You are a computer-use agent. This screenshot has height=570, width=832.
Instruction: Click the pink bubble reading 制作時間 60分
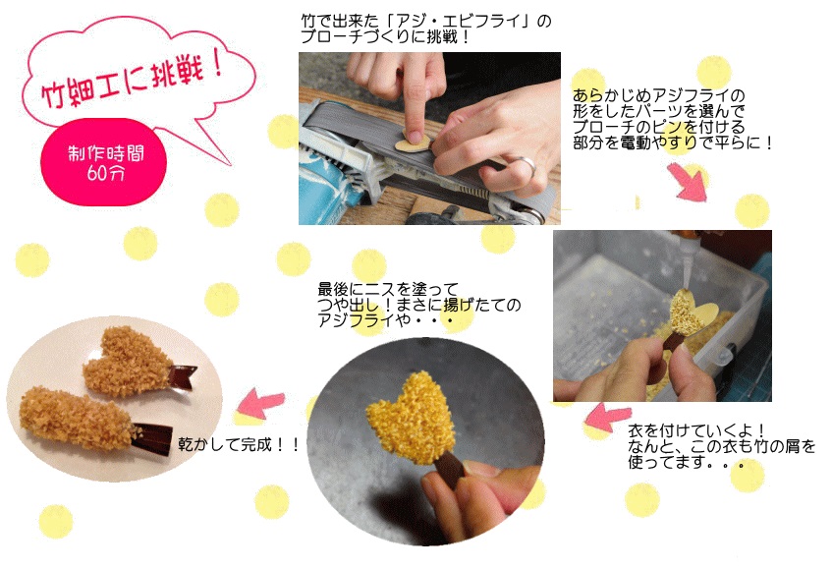point(103,162)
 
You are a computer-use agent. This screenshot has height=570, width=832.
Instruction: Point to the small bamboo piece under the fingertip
point(414,141)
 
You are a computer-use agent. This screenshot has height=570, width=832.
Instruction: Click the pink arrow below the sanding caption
point(688,182)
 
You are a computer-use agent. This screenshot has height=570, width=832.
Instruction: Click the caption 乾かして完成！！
point(239,445)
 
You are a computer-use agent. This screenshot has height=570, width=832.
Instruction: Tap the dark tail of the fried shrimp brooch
point(152,438)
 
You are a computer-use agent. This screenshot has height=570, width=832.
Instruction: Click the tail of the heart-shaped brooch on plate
point(183,374)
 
